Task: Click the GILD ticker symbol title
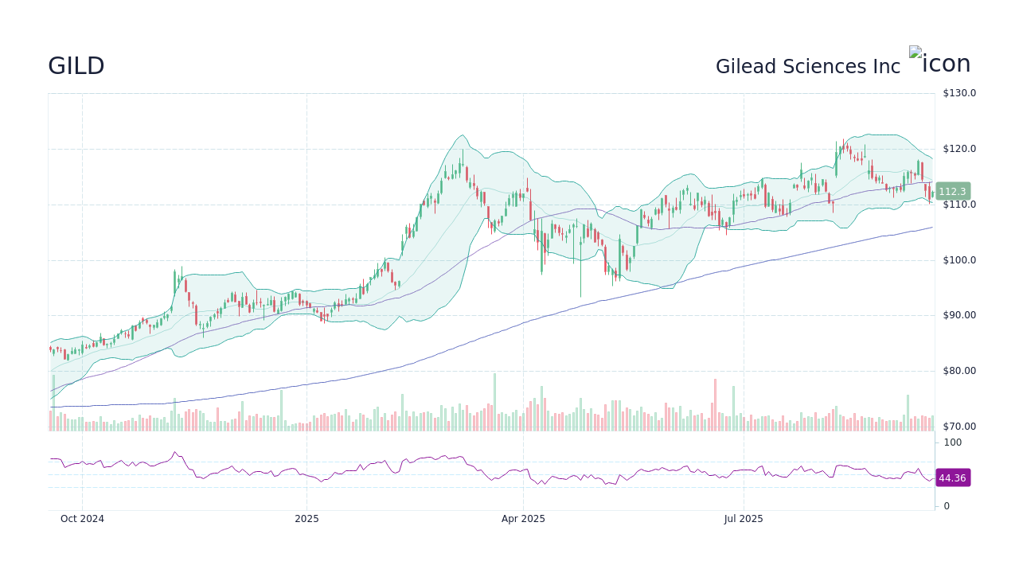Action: (76, 66)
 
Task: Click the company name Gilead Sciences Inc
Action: (807, 67)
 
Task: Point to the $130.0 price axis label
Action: (959, 93)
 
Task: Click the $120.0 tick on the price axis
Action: (959, 149)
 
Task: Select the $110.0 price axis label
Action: (959, 205)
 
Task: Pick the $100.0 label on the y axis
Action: (959, 260)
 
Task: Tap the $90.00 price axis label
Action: (959, 315)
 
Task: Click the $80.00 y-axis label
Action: (959, 371)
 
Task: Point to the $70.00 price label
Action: (959, 427)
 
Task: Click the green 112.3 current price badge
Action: (952, 192)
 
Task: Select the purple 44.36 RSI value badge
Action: (952, 478)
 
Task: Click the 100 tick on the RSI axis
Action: (953, 442)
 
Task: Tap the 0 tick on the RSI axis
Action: (947, 506)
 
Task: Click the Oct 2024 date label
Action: (82, 519)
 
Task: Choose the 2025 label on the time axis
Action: (306, 519)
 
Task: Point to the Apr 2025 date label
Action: (523, 519)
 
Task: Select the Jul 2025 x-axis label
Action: (744, 519)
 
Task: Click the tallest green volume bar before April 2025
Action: (494, 402)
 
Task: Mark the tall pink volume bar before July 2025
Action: (715, 405)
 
